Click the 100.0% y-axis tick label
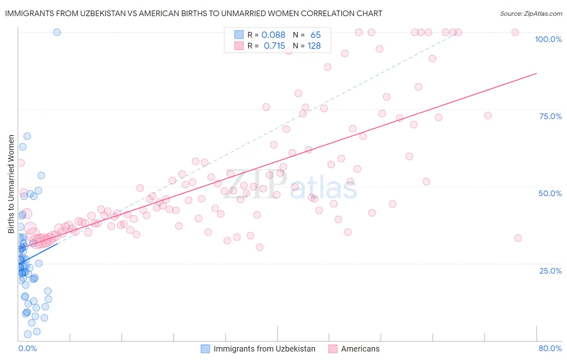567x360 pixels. coord(548,39)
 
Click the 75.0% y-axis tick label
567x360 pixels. coord(550,116)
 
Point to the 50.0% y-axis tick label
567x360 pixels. coord(550,193)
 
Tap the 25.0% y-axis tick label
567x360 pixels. coord(550,271)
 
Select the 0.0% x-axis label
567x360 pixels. coord(27,348)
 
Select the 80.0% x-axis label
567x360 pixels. coord(550,348)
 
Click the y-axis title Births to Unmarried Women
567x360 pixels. coord(11,184)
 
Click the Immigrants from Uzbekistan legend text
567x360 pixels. coord(264,349)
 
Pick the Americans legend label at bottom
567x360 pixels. coord(360,349)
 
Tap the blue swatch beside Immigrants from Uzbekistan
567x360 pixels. coord(205,349)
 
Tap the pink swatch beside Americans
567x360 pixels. coord(333,349)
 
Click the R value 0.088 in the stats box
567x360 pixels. coord(273,35)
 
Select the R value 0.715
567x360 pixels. coord(274,46)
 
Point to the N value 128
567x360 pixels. coord(314,46)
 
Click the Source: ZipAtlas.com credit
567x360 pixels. coord(531,13)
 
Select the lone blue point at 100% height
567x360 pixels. coord(57,32)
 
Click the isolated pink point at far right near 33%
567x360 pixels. coord(518,238)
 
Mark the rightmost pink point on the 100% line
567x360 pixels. coord(515,32)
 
